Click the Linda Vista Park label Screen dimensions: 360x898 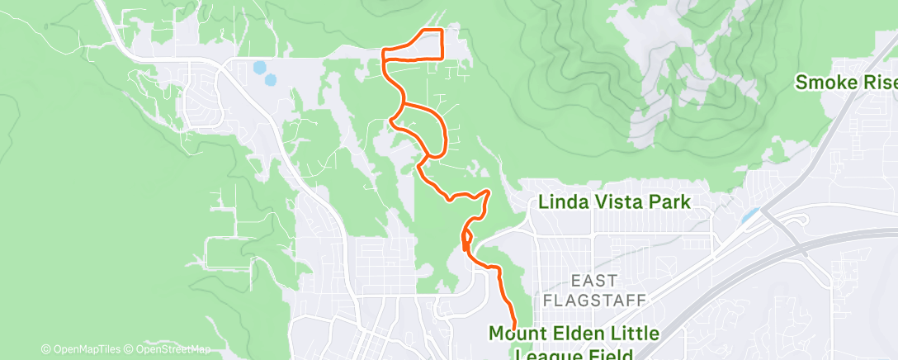[x=613, y=201]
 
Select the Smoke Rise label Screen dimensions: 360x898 [x=845, y=83]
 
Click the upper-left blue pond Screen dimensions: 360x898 [x=259, y=67]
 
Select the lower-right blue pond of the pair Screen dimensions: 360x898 [x=270, y=80]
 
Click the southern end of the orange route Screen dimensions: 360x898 [x=514, y=324]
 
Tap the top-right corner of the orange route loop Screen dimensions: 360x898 [x=442, y=31]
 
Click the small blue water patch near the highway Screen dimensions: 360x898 [x=749, y=216]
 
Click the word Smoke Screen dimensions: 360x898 [x=828, y=83]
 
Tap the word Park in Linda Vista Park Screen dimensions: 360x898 [x=668, y=201]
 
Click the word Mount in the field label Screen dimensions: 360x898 [x=514, y=334]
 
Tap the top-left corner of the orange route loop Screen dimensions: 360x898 [x=383, y=50]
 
